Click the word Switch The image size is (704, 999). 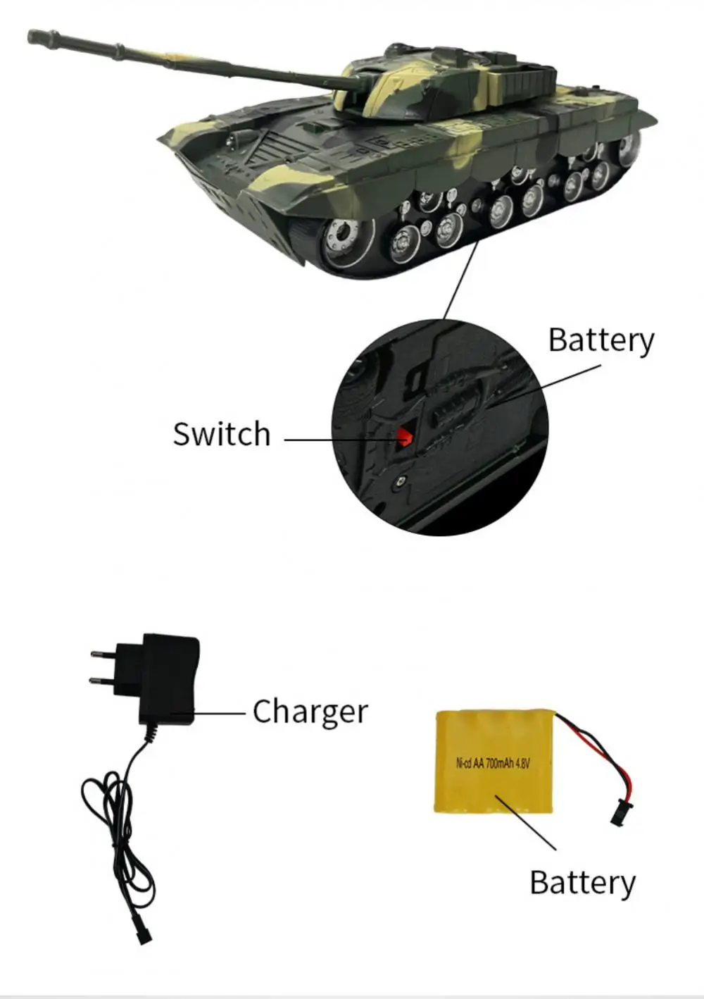coord(222,434)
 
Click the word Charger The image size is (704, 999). coord(310,712)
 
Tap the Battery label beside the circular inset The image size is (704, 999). coord(601,340)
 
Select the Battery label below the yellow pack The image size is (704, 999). coord(582,883)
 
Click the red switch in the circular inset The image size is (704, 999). coord(404,436)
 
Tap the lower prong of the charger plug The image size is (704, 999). coord(103,680)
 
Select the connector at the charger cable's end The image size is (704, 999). coord(144,936)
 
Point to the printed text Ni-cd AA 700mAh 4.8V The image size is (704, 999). coord(492,763)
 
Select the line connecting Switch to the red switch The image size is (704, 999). coord(338,440)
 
